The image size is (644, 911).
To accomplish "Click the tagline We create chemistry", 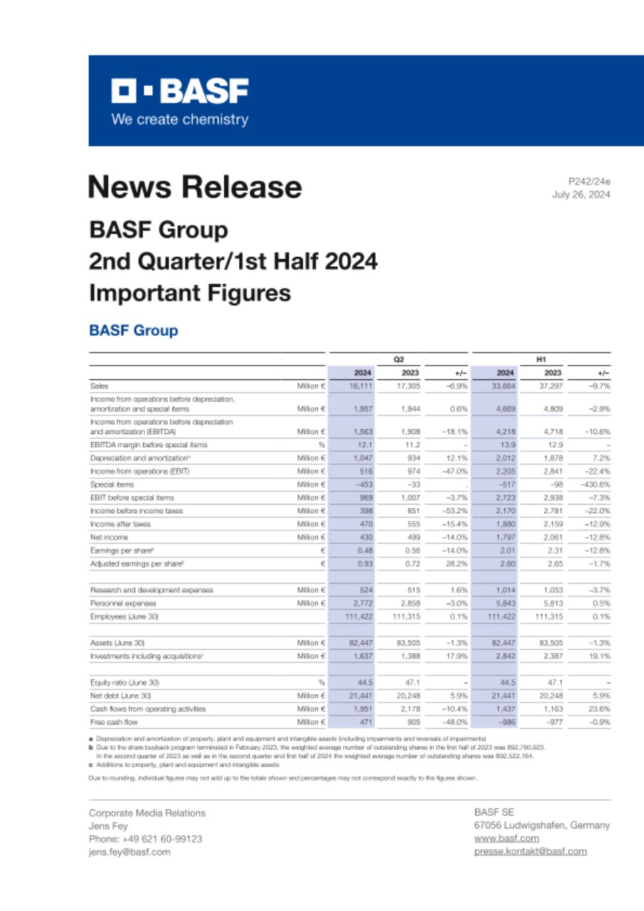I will [179, 120].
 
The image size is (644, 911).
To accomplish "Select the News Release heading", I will [195, 187].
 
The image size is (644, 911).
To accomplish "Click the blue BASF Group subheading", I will [133, 331].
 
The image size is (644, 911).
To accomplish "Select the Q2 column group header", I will [398, 359].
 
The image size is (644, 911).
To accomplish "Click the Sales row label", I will [99, 386].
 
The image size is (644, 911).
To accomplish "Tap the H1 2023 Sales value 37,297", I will [550, 386].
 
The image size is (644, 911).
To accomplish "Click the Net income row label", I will [109, 537].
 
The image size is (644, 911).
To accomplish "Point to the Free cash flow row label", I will [113, 722].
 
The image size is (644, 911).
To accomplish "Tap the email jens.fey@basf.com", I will [130, 852].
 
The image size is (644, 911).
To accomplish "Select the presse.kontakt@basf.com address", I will [530, 851].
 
